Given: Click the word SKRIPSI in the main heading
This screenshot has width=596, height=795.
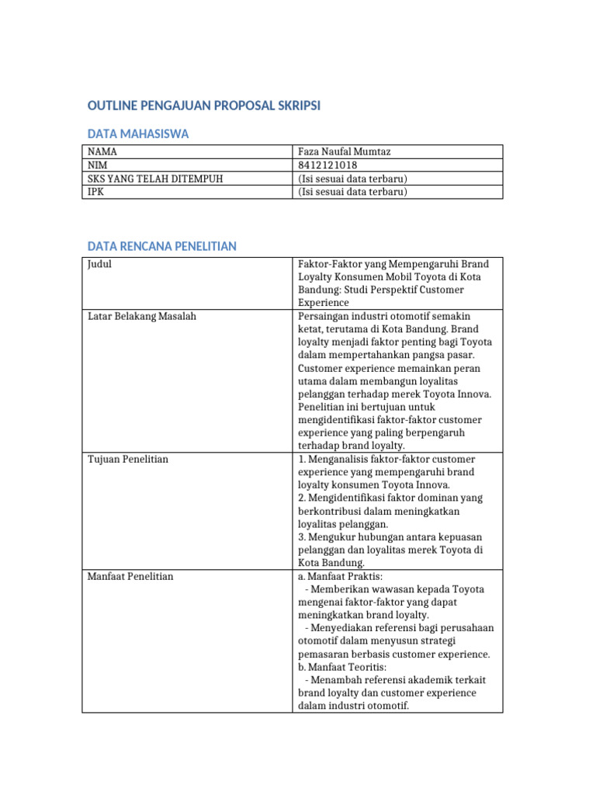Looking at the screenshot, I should pos(293,106).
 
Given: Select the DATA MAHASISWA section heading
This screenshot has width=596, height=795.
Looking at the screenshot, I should pos(138,134).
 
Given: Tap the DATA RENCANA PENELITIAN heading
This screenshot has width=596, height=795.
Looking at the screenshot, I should pos(161,246).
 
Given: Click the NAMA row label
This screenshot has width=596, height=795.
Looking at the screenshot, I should pos(102,151).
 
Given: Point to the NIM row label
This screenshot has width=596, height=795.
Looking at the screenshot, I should pos(98,165).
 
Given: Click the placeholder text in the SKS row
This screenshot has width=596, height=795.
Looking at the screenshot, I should pos(352,179).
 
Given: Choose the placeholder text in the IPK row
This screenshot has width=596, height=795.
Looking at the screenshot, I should pos(352,192).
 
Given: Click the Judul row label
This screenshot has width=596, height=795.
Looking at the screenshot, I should pos(100,264).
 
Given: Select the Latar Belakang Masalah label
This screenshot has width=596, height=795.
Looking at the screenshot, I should pos(142,316).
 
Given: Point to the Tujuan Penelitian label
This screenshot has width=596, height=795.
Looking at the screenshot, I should pos(128,459).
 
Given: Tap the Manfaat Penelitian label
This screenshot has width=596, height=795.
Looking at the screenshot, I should pos(130,576).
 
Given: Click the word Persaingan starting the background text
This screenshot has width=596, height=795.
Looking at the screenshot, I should pos(324,316).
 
